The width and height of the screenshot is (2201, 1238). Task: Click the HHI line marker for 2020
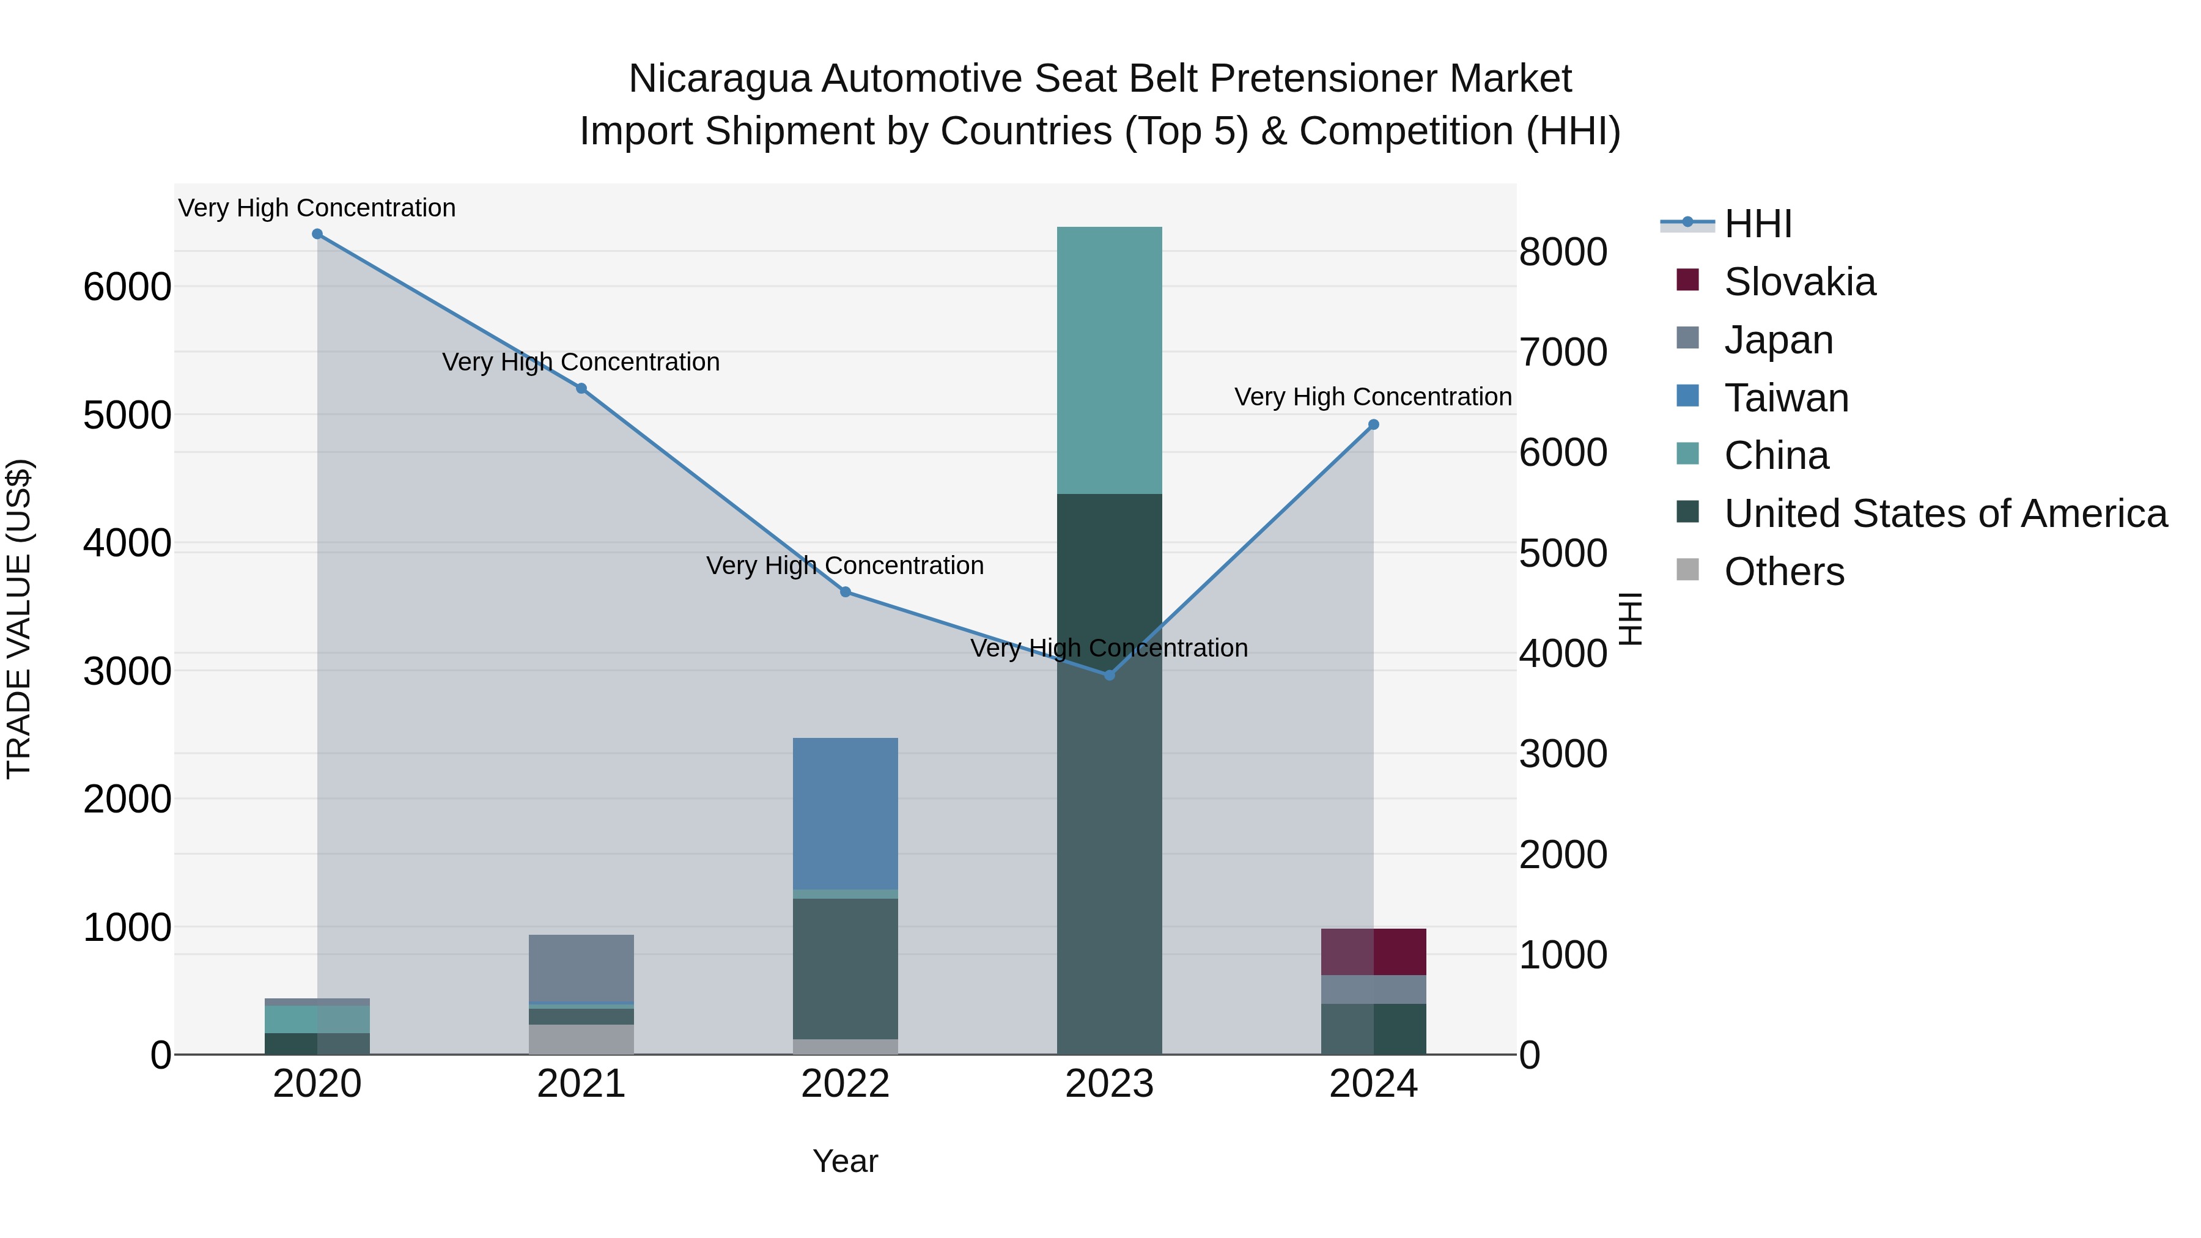pos(317,234)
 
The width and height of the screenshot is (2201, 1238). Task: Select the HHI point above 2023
pos(1109,675)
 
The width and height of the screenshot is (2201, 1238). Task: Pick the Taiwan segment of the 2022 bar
pos(845,813)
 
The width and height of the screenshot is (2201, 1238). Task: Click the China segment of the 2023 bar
pos(1109,361)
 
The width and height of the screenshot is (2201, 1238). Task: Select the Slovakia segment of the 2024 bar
pos(1373,952)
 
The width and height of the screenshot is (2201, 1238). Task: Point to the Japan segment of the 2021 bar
pos(581,967)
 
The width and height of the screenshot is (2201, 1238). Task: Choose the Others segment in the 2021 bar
pos(581,1039)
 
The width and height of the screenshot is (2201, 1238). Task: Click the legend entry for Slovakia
pos(1799,282)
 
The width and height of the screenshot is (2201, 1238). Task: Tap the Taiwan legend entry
pos(1786,398)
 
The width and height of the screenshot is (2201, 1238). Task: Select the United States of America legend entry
pos(1945,514)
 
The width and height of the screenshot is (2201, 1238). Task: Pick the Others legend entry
pos(1783,572)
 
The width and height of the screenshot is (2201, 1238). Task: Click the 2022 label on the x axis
pos(845,1084)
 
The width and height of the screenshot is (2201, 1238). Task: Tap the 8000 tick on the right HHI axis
pos(1563,252)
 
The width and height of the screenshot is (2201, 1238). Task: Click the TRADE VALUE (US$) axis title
pos(19,619)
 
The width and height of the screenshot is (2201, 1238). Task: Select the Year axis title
pos(845,1161)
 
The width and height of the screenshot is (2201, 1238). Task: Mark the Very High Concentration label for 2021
pos(581,363)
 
